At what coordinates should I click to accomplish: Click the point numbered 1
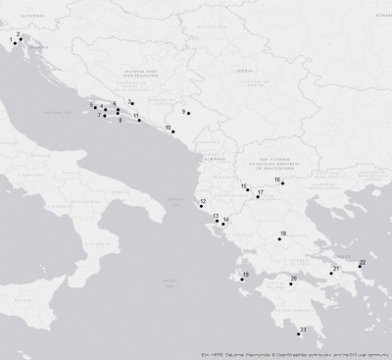(15, 42)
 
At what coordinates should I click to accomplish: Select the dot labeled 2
(20, 39)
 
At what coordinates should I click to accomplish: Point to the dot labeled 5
(118, 109)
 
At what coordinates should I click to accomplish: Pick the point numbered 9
(188, 115)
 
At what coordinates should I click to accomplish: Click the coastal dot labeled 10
(173, 131)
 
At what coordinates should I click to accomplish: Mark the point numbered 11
(139, 120)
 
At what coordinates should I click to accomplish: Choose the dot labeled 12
(199, 206)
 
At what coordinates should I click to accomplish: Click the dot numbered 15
(248, 189)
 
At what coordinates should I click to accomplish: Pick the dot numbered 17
(258, 197)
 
